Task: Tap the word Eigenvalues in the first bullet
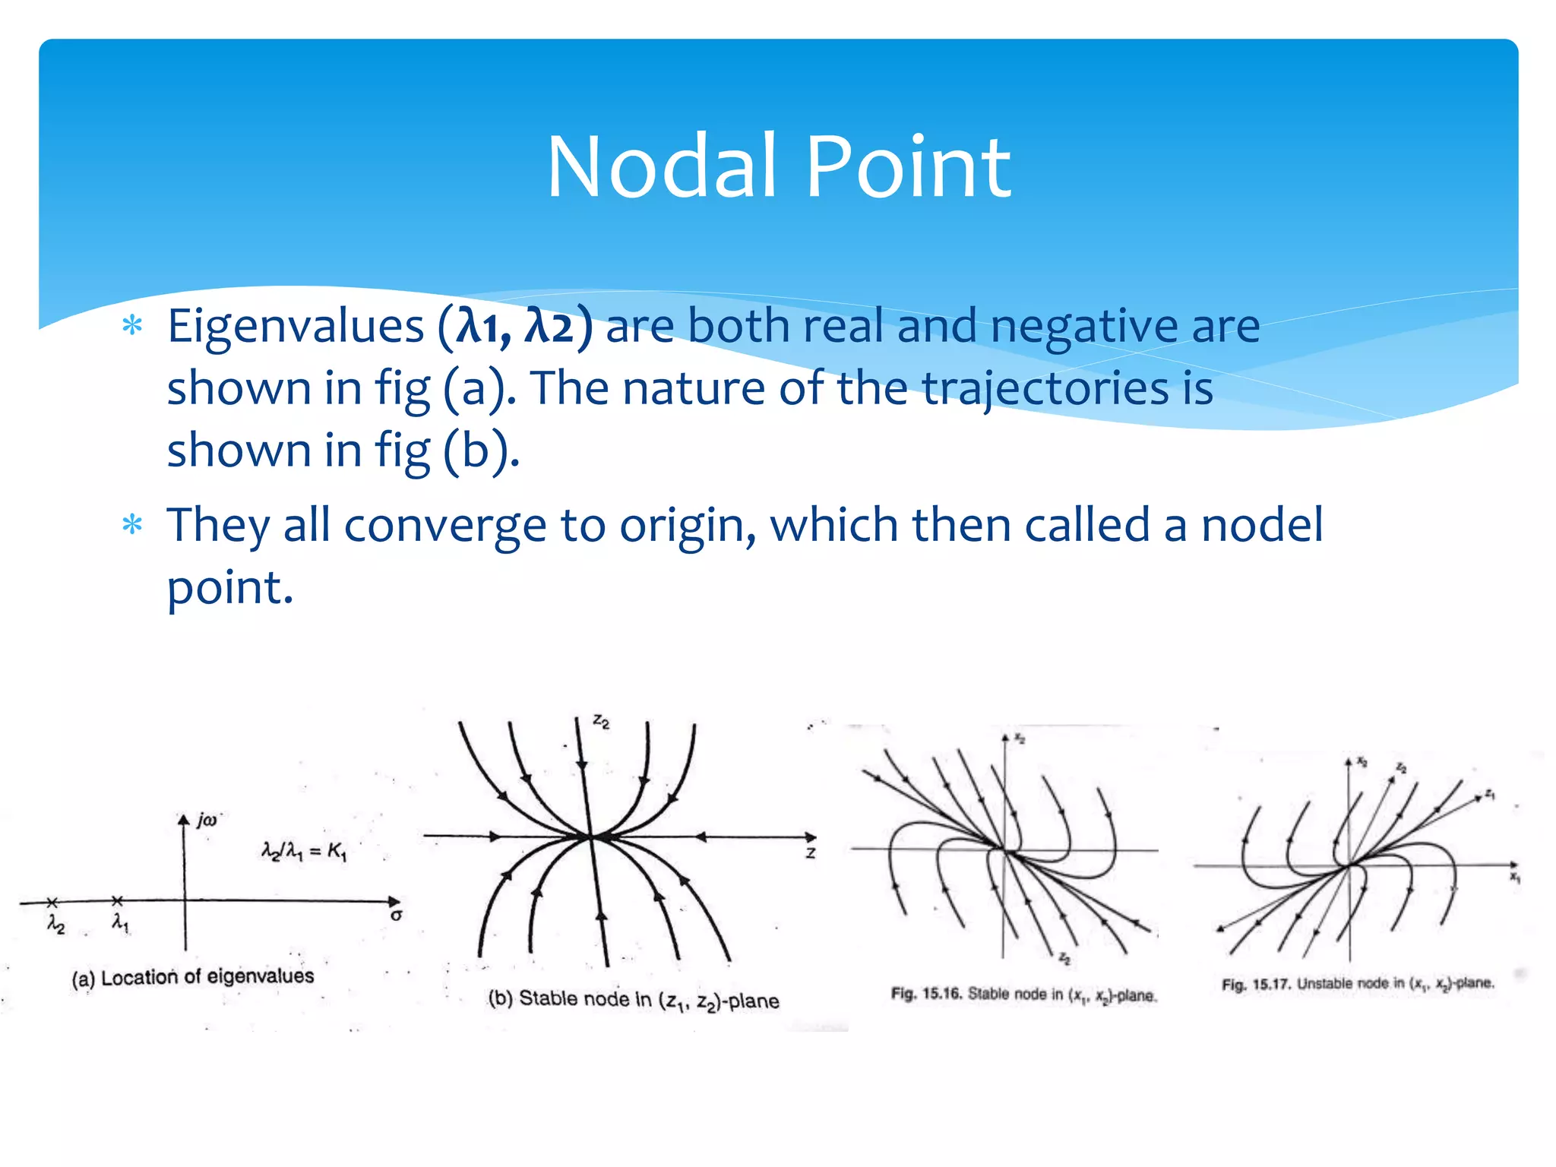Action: [x=296, y=327]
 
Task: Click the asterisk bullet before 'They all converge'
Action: [x=133, y=525]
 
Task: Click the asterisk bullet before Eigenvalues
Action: [x=133, y=327]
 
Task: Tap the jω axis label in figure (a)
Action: [x=207, y=820]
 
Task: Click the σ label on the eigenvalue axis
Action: [x=396, y=916]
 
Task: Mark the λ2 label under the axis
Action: [x=56, y=924]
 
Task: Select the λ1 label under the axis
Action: [x=120, y=922]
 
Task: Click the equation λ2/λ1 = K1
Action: [x=303, y=852]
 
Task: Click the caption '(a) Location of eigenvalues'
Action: [x=193, y=977]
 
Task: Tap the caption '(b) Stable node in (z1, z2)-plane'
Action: [x=633, y=1000]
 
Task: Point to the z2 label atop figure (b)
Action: [x=601, y=722]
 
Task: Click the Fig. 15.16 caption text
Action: [x=1023, y=994]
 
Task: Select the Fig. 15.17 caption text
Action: [x=1358, y=983]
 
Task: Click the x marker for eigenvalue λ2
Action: [x=52, y=902]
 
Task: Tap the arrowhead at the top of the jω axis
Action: [x=184, y=820]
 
